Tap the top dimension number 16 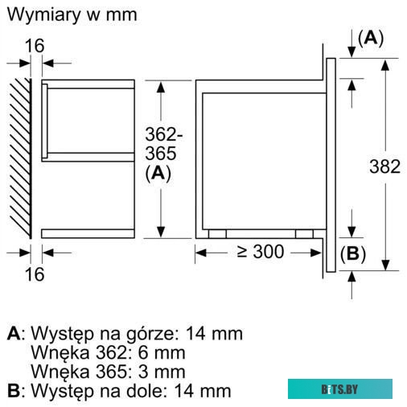[34, 45]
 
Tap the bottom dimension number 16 [34, 274]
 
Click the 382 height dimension [384, 167]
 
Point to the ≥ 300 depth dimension [259, 252]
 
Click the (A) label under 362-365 [158, 173]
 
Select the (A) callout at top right [370, 38]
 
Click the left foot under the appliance [216, 233]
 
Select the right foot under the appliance [302, 233]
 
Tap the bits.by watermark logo [339, 388]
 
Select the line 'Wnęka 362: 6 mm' [108, 352]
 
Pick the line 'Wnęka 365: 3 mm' [108, 372]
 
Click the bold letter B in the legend [13, 391]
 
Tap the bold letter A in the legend [13, 333]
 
